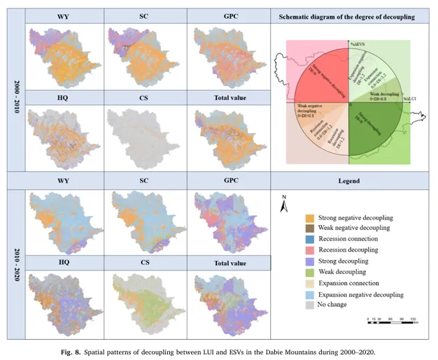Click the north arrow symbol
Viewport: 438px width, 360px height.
(284, 203)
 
